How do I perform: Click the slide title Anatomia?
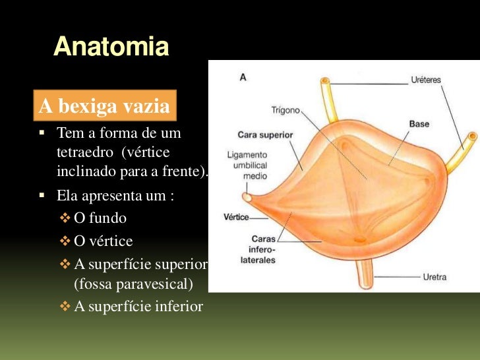(x=111, y=47)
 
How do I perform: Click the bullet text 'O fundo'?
(x=100, y=218)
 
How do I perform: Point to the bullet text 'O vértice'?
(x=104, y=241)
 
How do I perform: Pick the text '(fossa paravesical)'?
(x=133, y=285)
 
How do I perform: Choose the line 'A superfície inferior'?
(x=138, y=307)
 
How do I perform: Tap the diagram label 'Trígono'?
(x=285, y=111)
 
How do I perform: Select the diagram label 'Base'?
(x=419, y=123)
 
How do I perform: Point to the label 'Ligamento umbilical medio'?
(x=246, y=164)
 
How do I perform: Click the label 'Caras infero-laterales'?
(x=263, y=249)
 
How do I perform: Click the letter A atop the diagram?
(x=243, y=77)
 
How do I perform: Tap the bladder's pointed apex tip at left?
(x=246, y=196)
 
